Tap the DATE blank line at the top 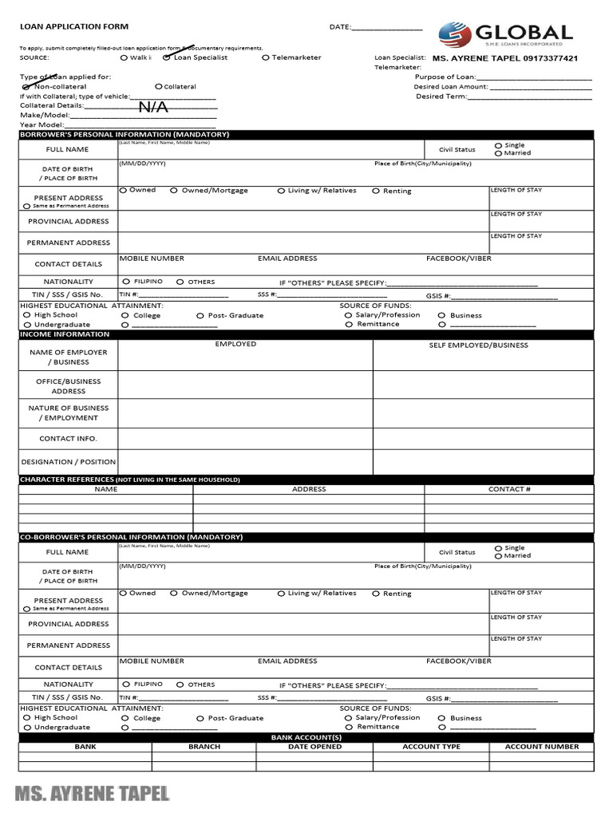387,28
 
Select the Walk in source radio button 124,57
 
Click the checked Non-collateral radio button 28,86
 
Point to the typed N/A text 153,107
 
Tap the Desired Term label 441,97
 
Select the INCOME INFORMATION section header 65,334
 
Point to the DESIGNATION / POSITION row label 69,462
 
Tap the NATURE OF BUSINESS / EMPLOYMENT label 69,412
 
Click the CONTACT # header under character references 509,489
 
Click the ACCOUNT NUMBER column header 542,747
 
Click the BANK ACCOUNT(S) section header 306,738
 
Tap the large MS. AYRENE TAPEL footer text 92,793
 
